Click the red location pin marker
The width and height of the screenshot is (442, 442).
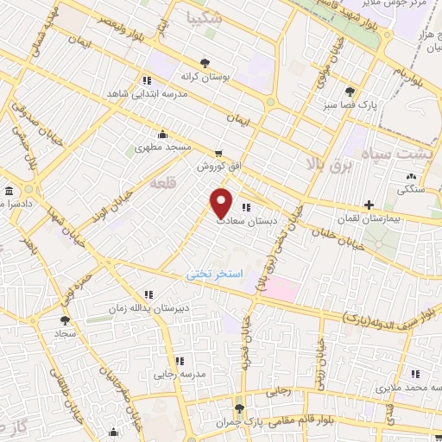(222, 202)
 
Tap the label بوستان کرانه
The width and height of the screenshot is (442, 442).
(205, 78)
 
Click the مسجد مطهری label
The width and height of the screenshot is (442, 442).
(162, 148)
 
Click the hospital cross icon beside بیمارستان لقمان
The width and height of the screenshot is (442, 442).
(369, 205)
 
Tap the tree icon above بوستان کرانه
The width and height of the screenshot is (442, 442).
(205, 63)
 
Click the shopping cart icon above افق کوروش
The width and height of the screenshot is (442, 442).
(219, 152)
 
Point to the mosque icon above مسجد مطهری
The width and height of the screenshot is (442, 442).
(162, 134)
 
